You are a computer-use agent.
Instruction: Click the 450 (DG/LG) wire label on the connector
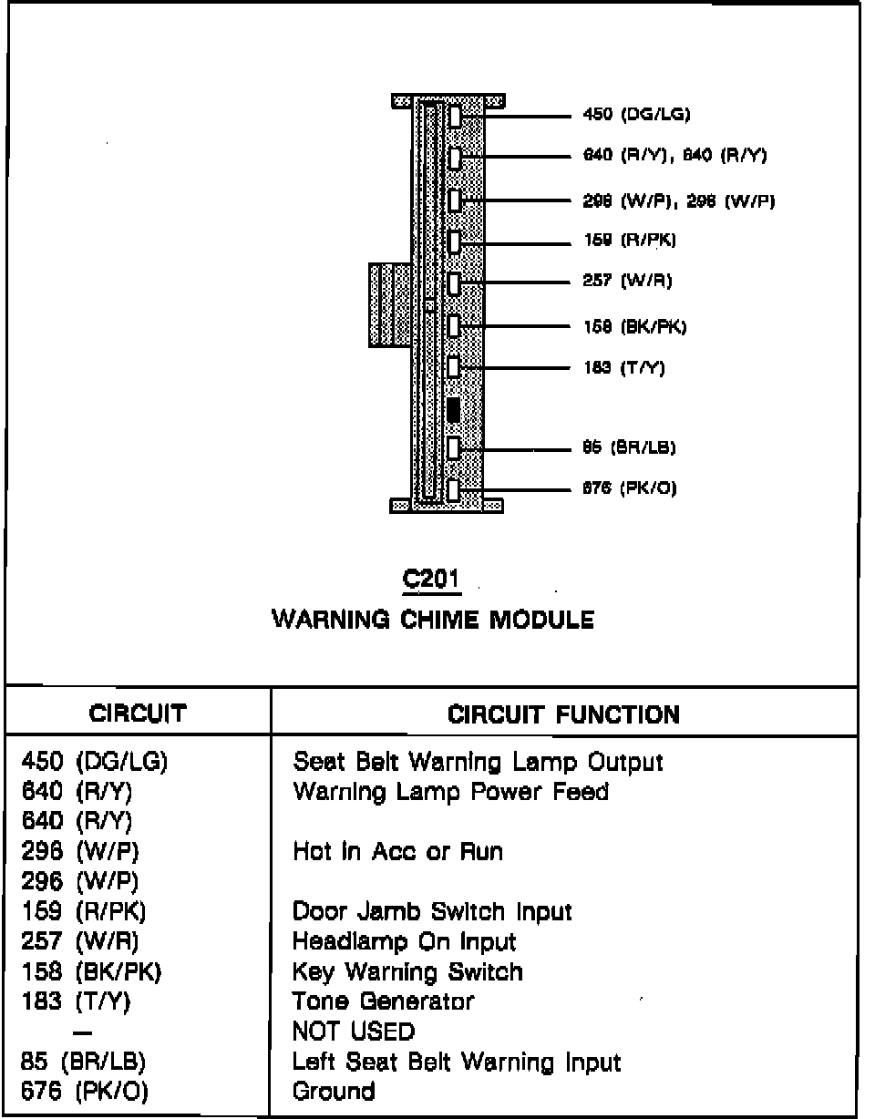point(636,115)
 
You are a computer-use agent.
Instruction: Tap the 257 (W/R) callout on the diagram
point(627,281)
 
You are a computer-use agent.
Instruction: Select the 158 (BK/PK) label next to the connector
point(634,327)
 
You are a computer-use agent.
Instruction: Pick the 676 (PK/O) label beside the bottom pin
point(629,488)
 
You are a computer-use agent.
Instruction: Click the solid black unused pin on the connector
point(454,409)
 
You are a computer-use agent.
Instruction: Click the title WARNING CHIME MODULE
point(433,621)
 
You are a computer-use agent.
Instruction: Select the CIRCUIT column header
point(138,713)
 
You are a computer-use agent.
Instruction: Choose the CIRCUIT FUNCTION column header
point(563,714)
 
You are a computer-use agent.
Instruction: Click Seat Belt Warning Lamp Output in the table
point(478,762)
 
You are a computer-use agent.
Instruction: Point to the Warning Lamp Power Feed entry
point(450,792)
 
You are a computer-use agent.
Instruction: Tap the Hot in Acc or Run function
point(397,852)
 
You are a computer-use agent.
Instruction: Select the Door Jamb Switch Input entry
point(431,911)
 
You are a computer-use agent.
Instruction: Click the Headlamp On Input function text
point(404,941)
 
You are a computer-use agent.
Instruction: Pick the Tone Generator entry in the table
point(383,1001)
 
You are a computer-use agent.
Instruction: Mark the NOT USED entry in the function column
point(353,1032)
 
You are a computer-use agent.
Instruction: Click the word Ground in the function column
point(334,1091)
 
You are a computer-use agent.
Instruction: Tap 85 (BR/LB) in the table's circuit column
point(83,1062)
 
